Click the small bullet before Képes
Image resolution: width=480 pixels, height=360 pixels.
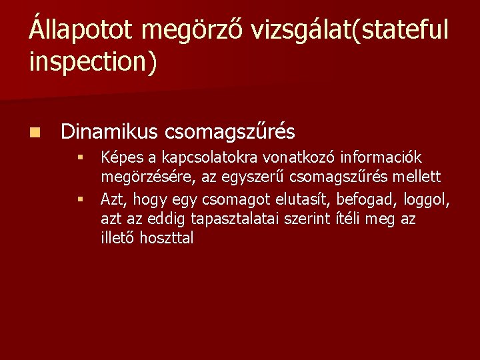(x=79, y=158)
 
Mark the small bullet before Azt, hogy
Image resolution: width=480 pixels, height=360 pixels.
(x=79, y=198)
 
